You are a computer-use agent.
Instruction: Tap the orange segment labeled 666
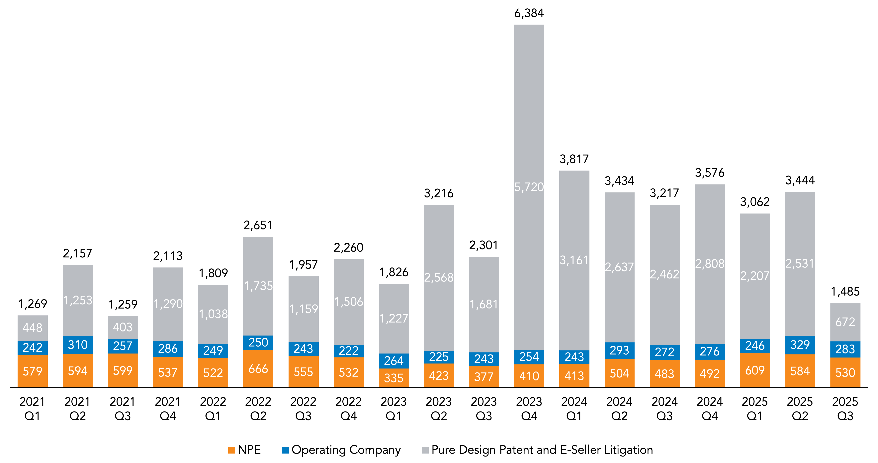point(258,369)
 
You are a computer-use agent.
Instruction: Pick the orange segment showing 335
point(394,378)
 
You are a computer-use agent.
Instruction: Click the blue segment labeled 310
point(78,345)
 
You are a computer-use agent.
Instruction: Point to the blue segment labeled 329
point(800,345)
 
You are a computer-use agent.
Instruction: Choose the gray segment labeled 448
point(32,328)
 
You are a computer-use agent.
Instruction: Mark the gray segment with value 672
point(845,322)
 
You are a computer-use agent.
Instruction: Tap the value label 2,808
point(710,264)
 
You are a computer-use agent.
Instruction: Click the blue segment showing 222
point(348,350)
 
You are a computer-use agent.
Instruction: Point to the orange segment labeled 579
point(32,371)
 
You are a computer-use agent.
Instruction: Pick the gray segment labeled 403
point(123,327)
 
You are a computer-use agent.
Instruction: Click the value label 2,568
point(439,278)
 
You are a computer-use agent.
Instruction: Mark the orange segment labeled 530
point(845,372)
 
